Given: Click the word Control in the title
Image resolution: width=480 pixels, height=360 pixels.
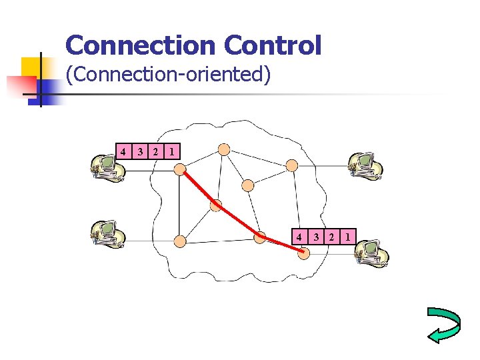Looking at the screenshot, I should tap(273, 45).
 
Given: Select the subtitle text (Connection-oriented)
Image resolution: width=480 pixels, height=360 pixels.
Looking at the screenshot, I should tap(168, 74).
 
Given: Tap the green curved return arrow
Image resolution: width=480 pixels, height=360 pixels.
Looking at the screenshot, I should tap(443, 325).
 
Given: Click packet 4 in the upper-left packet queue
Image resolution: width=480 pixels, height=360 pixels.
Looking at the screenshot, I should tap(123, 151).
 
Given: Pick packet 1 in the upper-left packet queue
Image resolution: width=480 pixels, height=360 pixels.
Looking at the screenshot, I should tap(172, 151).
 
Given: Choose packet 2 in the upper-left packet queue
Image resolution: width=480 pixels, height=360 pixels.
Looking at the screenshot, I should tap(155, 151).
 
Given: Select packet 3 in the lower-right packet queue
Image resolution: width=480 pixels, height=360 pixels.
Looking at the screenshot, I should tap(316, 236).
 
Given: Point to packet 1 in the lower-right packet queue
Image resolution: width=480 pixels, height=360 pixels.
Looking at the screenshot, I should tap(349, 236).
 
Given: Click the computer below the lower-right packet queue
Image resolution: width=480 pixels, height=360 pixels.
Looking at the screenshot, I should tap(371, 253).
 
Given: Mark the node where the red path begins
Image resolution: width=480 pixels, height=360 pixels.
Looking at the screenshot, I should tap(180, 170).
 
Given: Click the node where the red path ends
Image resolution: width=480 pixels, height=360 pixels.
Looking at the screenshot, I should tap(304, 253).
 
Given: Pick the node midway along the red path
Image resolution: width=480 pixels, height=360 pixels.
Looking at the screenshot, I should tap(216, 205).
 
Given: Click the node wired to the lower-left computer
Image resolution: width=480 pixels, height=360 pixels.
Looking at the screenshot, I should tap(180, 240).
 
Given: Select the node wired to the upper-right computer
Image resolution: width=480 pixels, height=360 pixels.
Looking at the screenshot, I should tap(291, 165).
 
